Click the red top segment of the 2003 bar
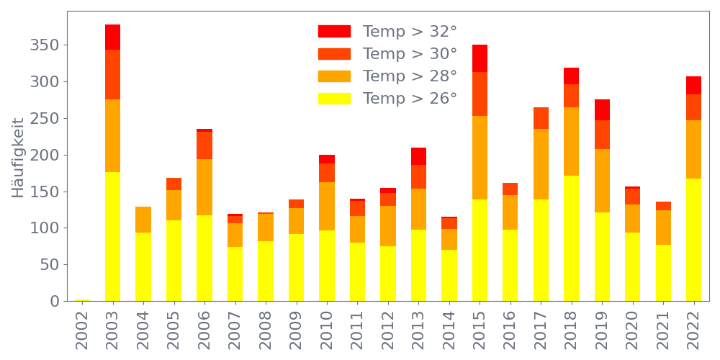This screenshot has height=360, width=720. pos(112,37)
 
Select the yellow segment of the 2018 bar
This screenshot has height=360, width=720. pos(571,238)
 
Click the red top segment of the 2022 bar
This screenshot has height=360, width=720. pos(693,85)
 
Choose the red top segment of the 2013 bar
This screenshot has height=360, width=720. pos(418,156)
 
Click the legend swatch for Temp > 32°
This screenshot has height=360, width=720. pos(334,32)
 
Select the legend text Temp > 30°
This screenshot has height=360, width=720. pos(410,54)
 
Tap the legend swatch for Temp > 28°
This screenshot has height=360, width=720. pos(334,76)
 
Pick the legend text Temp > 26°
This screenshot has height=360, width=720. pos(410,99)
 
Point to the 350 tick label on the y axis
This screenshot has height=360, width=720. pos(45,45)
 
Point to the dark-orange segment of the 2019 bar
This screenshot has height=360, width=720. pos(602,135)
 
